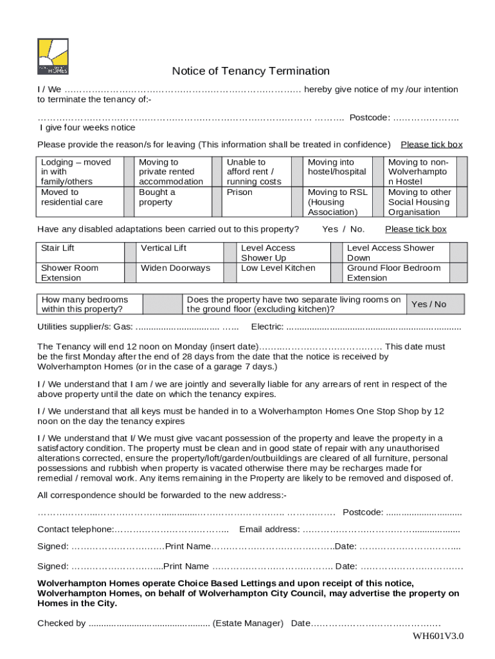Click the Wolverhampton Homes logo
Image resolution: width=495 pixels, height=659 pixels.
[x=53, y=57]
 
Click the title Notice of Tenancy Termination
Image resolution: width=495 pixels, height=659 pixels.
[x=251, y=71]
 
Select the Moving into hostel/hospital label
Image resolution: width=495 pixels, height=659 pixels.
[x=337, y=167]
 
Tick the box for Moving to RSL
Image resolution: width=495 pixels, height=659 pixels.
[x=375, y=202]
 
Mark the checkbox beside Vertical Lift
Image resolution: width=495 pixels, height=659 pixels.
[x=230, y=248]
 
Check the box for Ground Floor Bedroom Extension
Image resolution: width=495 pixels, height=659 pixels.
[x=457, y=273]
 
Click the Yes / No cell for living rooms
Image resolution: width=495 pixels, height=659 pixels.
[x=429, y=304]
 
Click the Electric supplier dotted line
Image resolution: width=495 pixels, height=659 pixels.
[x=373, y=327]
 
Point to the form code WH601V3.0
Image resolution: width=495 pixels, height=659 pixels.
[x=438, y=636]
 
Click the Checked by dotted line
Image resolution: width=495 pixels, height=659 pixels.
[x=148, y=623]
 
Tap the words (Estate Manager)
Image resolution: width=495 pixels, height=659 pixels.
[x=248, y=623]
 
